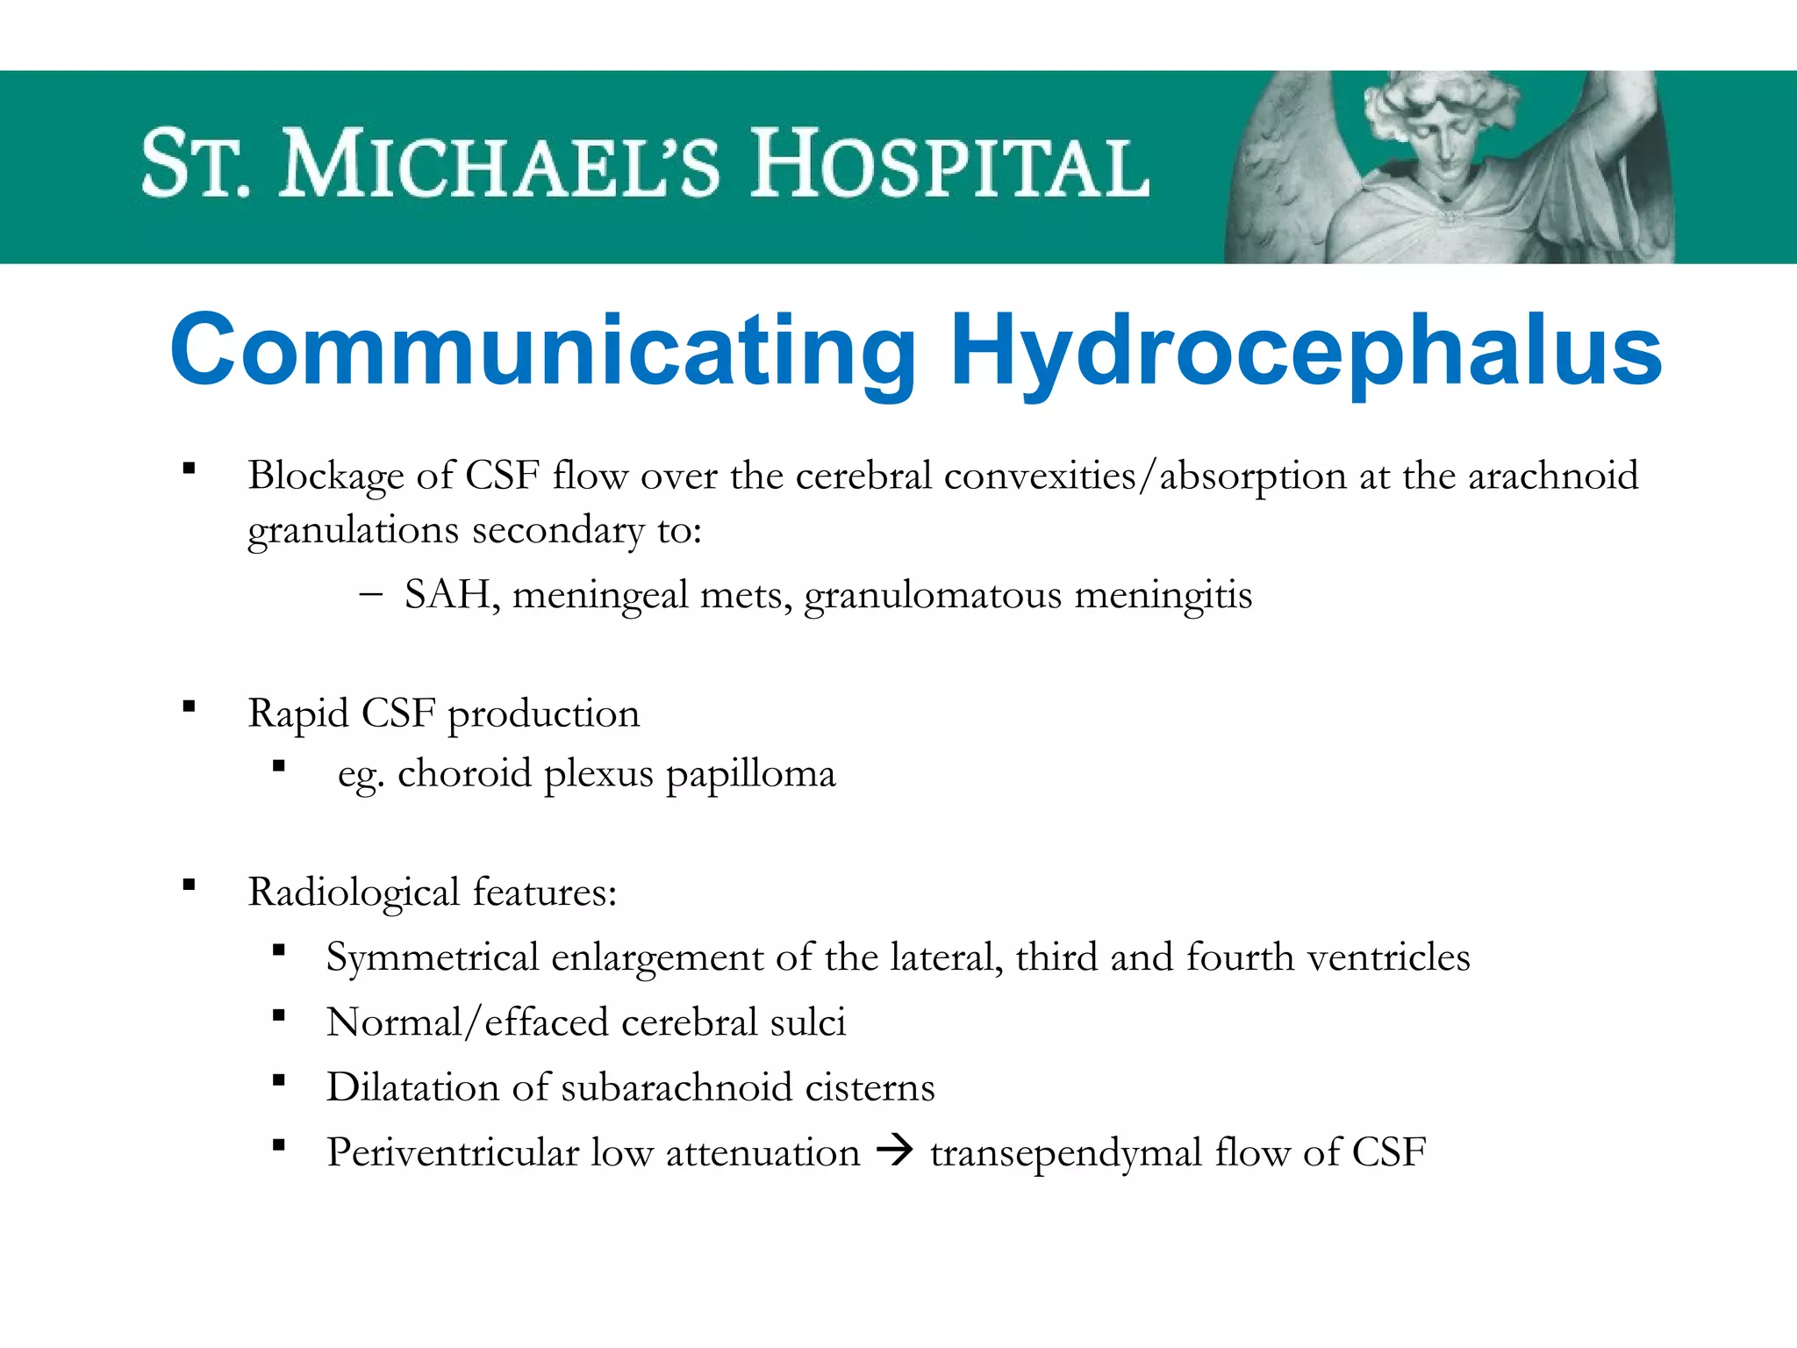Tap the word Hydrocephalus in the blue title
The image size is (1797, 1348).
(1306, 351)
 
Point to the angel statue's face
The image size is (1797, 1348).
(1446, 140)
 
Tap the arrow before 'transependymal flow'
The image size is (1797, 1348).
(895, 1150)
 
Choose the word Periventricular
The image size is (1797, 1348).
(453, 1152)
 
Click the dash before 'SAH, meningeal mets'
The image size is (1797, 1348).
(370, 594)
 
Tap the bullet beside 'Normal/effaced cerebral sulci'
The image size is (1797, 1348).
(279, 1015)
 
